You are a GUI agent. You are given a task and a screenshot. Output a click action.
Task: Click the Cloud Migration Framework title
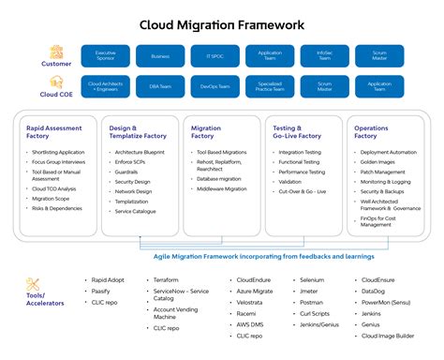point(222,24)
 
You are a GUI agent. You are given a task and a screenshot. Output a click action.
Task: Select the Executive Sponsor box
point(106,55)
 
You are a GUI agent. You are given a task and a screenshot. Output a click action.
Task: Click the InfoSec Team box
point(324,55)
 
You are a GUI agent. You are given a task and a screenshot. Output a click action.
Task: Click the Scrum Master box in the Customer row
point(379,55)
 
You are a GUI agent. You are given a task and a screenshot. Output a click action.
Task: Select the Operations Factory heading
point(366,131)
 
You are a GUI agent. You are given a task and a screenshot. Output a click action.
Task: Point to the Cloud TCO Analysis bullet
point(55,188)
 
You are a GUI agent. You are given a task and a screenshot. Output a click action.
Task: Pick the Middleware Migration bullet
point(222,188)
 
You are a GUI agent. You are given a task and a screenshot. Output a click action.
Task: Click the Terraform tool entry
point(168,279)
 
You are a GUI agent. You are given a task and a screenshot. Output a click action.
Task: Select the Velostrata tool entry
point(250,303)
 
